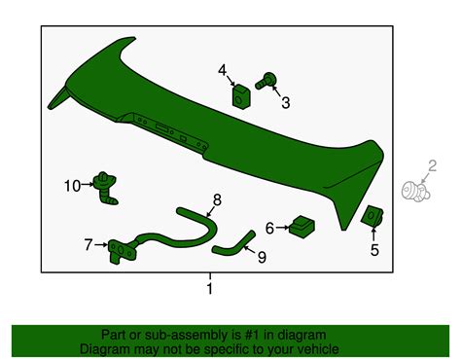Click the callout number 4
click(222, 70)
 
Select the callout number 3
click(285, 103)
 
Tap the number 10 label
click(72, 186)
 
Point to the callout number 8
click(217, 199)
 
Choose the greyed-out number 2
click(432, 166)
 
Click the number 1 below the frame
click(210, 288)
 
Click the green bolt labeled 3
click(266, 81)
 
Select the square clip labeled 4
click(241, 97)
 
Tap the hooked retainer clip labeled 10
click(105, 188)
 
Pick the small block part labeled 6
click(301, 227)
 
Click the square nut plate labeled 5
click(372, 216)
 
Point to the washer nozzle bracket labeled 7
click(122, 251)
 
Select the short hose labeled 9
click(233, 243)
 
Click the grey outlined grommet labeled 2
click(415, 192)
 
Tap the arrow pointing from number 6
click(282, 228)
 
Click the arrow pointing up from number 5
click(373, 234)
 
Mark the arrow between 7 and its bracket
click(101, 245)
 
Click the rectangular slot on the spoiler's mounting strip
click(161, 127)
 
